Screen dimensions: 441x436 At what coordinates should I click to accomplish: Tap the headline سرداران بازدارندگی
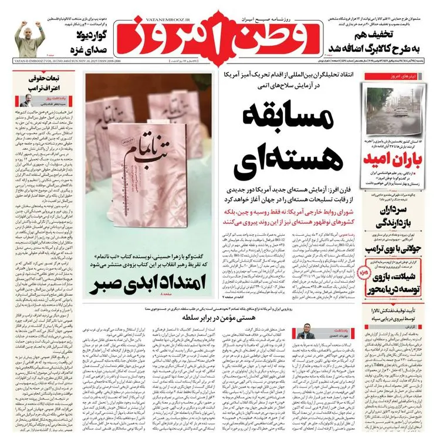coord(398,213)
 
